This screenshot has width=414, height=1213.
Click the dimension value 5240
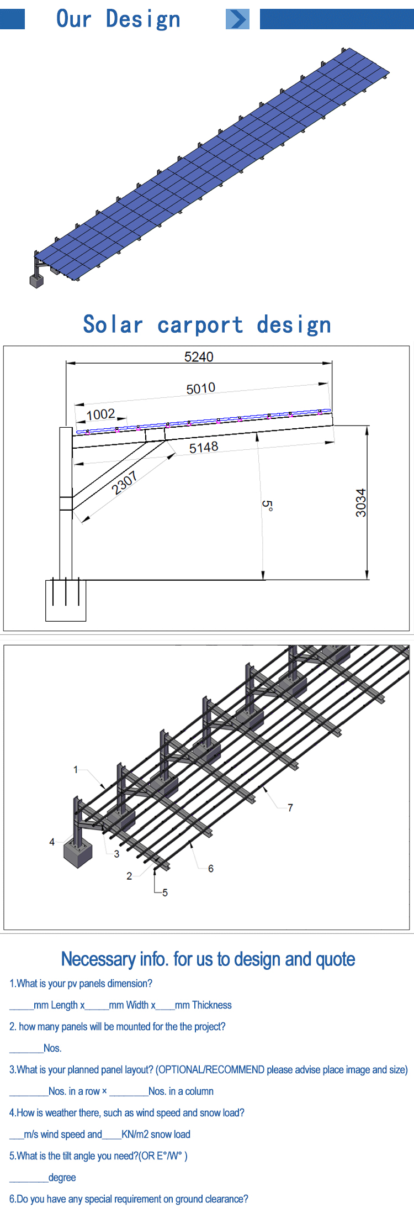[199, 356]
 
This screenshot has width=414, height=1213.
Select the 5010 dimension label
[201, 388]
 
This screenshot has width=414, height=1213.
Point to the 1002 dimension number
[101, 414]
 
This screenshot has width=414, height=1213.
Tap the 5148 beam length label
[204, 448]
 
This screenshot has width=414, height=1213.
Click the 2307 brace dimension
[124, 484]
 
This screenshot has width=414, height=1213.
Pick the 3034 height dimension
[360, 503]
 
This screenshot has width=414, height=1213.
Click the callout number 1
[76, 769]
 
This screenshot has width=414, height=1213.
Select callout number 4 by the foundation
[52, 842]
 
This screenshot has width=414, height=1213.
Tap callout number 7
[290, 808]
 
